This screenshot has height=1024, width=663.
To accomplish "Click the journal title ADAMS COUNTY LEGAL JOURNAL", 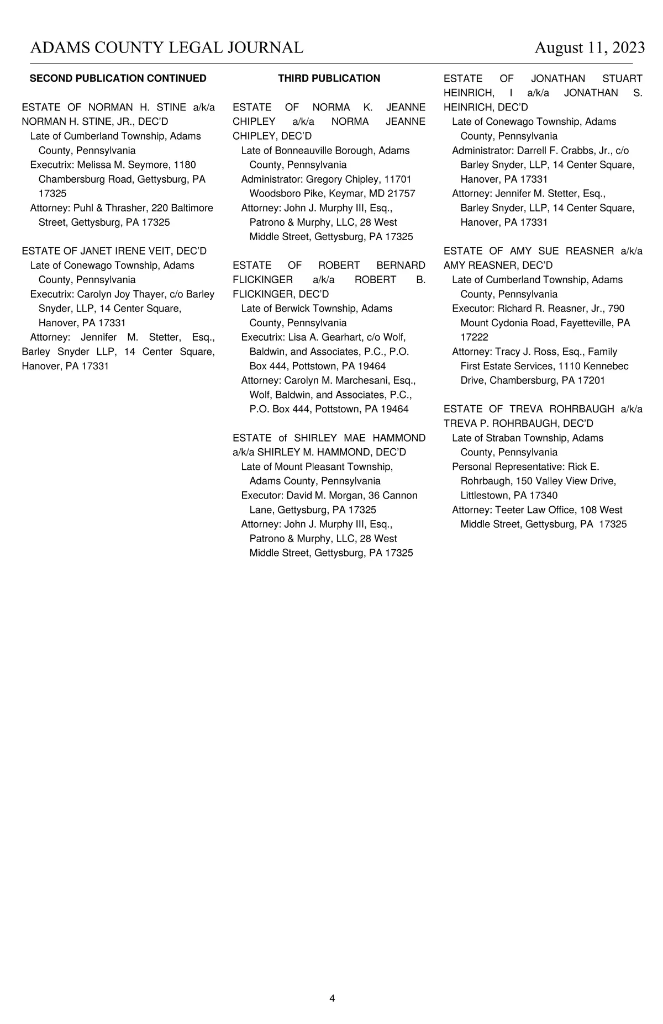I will [x=166, y=48].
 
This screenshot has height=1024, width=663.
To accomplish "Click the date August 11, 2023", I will [x=589, y=48].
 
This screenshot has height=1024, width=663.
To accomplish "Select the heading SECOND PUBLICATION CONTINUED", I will [x=118, y=78].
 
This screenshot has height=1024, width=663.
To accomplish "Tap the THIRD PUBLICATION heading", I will [x=329, y=78].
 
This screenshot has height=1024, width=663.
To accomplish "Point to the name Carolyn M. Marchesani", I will [x=336, y=380].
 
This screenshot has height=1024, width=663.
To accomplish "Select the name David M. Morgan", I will [x=324, y=496].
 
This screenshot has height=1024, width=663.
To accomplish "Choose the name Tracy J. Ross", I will [x=526, y=352].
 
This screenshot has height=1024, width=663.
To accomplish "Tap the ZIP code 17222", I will [x=474, y=337].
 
